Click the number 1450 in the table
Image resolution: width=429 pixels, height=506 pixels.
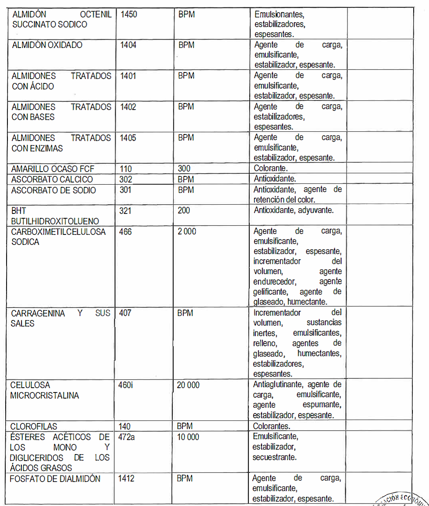click(x=129, y=14)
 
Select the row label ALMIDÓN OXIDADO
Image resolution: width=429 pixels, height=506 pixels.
click(x=47, y=45)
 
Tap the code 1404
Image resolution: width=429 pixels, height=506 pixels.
click(x=128, y=45)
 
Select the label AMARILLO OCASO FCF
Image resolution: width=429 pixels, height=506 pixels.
click(x=52, y=169)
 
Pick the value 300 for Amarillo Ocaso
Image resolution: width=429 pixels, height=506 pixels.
click(x=184, y=169)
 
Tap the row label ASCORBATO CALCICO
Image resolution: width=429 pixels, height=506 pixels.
click(x=52, y=179)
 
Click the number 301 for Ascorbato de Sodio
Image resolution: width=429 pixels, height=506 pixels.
click(x=126, y=190)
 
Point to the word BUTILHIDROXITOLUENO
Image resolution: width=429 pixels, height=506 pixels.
click(x=55, y=221)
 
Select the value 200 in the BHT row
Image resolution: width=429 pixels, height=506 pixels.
click(x=184, y=210)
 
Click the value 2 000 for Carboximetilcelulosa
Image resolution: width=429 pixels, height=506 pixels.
click(x=187, y=232)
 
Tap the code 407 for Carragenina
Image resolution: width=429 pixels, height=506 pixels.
click(x=125, y=313)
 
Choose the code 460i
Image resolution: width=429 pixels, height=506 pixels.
click(x=126, y=386)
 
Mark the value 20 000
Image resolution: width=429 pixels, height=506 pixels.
click(x=188, y=386)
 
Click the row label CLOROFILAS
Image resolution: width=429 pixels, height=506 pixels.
click(x=34, y=427)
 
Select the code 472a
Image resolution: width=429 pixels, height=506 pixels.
click(x=127, y=437)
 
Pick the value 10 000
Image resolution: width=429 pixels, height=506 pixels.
click(x=188, y=437)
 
